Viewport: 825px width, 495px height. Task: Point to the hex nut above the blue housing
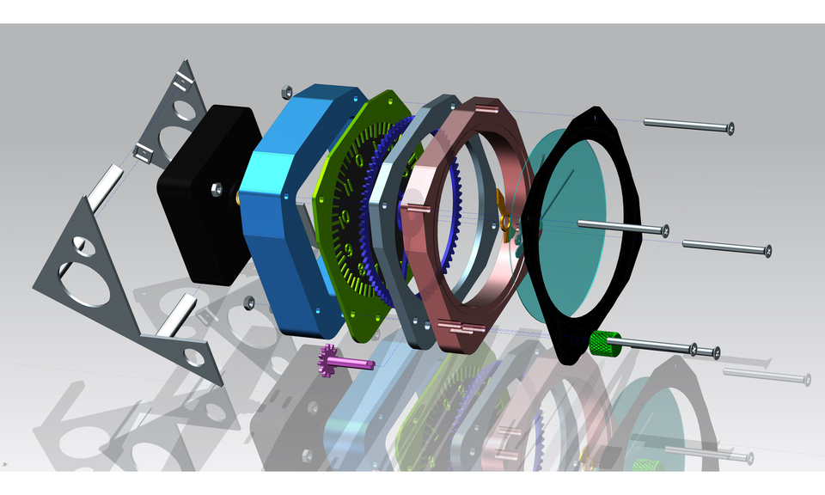286,89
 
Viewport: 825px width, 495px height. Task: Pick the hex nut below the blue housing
248,302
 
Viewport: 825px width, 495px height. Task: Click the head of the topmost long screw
729,129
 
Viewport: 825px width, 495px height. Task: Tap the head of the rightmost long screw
766,251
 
